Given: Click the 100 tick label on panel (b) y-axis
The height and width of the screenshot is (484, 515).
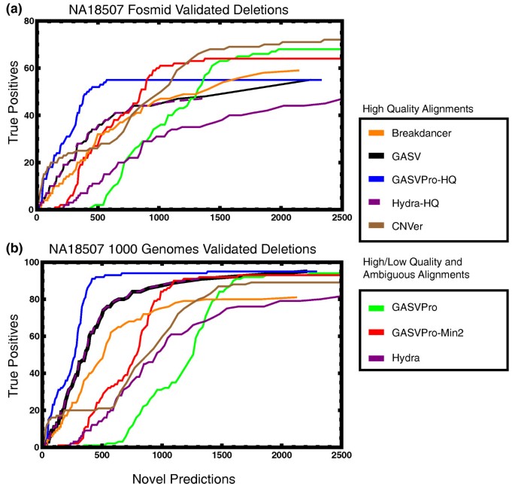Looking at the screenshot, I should [x=28, y=262].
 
